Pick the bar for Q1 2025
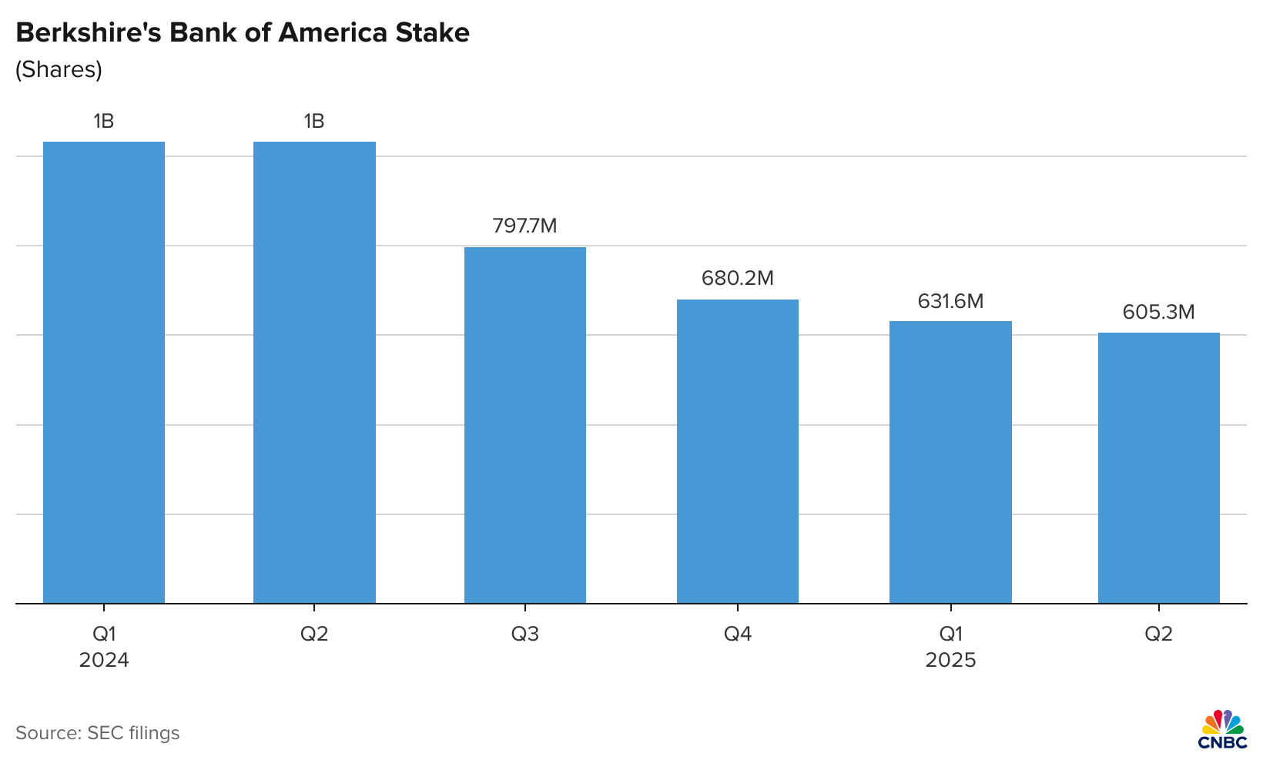pos(950,462)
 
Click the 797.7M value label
pos(524,226)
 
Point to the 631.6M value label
pos(950,301)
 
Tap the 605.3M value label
pos(1158,312)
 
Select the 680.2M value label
pos(737,278)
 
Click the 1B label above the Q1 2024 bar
pos(104,121)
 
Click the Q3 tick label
pos(525,634)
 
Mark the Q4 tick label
pos(738,634)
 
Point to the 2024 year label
pos(104,661)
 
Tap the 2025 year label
pos(950,661)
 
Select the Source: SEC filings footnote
pos(97,733)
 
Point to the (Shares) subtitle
pos(59,69)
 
